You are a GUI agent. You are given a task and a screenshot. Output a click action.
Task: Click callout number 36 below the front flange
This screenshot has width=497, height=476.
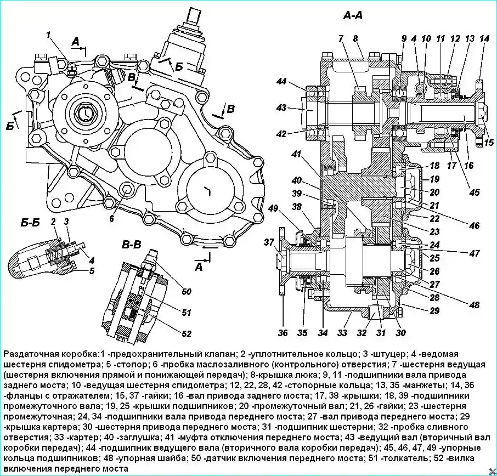point(283,332)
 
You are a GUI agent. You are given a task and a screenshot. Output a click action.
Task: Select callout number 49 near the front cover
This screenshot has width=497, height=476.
point(273,208)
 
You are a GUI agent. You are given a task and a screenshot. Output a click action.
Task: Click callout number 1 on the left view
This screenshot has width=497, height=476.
point(49,36)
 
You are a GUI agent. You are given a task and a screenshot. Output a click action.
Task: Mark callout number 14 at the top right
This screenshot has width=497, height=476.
point(483,38)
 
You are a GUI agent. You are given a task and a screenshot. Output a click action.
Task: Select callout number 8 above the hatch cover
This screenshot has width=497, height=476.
point(355,38)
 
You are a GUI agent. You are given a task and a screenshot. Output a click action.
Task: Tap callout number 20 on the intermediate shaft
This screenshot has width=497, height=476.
point(435,192)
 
